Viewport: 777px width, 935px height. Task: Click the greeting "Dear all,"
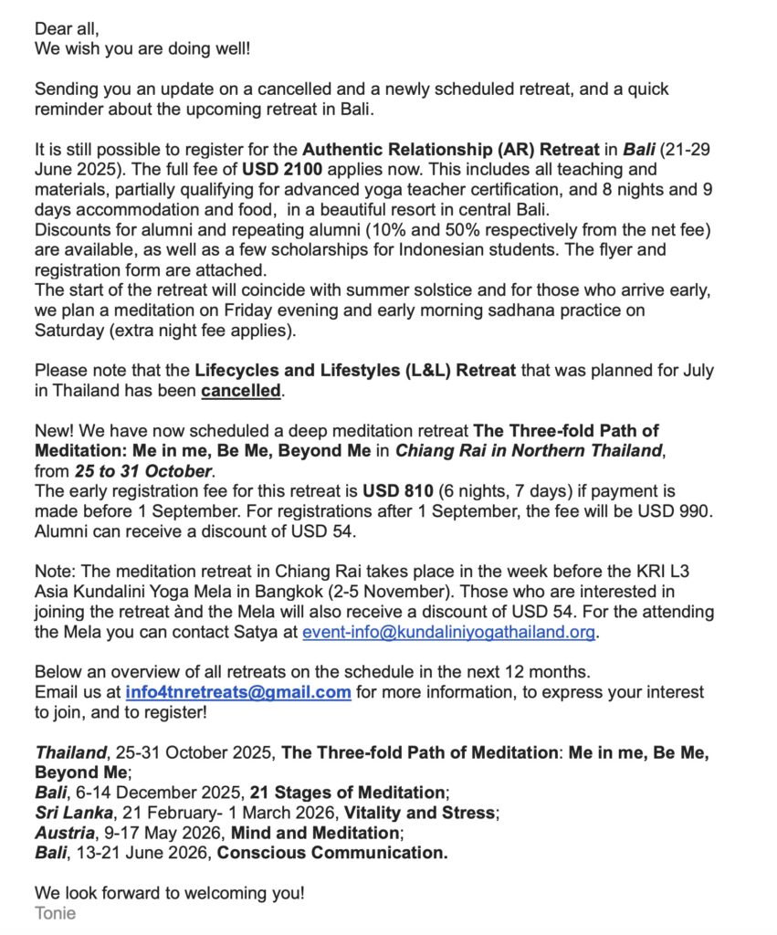tap(67, 28)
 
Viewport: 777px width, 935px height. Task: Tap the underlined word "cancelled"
tap(241, 391)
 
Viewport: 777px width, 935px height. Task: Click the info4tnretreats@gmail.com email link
tap(238, 691)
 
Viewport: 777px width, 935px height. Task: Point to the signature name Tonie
tap(56, 913)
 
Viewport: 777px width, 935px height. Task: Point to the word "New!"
tap(57, 430)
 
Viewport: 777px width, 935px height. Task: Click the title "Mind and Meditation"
tap(314, 832)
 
